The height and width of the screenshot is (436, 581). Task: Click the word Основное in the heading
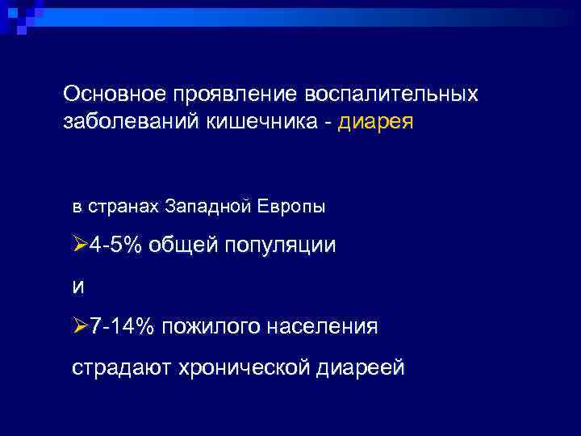click(x=114, y=94)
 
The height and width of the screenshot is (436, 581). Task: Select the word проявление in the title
click(x=234, y=94)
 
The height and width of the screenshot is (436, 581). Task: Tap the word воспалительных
click(x=391, y=94)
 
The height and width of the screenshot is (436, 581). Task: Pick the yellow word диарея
click(x=375, y=124)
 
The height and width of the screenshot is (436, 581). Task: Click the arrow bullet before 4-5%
click(x=80, y=245)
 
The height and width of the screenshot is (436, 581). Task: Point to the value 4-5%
click(x=118, y=245)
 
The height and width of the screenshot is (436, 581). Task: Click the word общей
click(x=185, y=245)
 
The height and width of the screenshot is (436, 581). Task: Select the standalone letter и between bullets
click(x=78, y=285)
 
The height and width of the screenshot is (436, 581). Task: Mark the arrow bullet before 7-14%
click(x=80, y=326)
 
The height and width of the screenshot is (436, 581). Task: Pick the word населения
click(x=324, y=326)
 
